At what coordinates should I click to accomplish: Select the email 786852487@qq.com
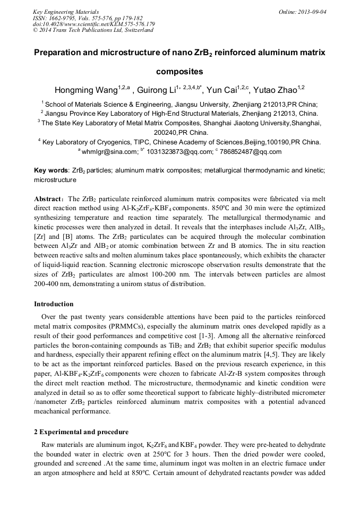pyautogui.click(x=251, y=151)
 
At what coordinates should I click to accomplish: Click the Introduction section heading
pyautogui.click(x=54, y=304)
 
